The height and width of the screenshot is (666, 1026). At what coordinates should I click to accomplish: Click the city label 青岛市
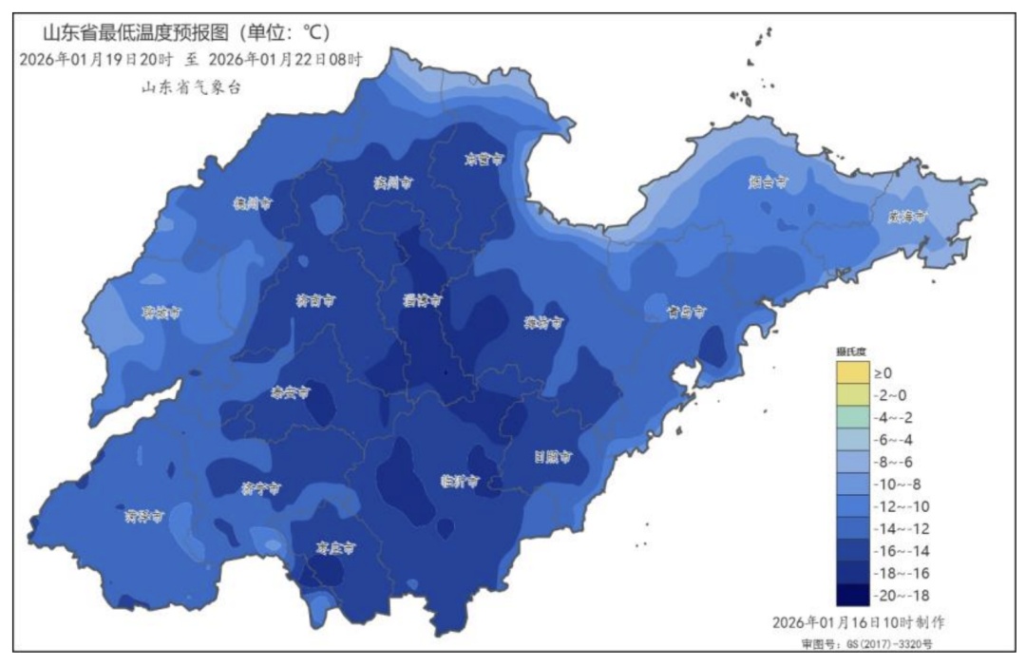(685, 312)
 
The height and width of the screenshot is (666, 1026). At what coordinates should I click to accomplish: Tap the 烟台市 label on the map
(768, 181)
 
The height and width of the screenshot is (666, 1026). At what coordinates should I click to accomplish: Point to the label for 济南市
(314, 301)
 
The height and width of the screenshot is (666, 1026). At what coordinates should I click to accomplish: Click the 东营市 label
(482, 160)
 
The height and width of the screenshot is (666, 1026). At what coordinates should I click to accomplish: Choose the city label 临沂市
(459, 481)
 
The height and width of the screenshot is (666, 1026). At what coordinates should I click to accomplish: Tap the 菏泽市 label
(144, 516)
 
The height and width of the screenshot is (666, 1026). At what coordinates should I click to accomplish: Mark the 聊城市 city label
(161, 313)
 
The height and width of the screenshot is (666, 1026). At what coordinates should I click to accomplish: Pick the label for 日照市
(552, 457)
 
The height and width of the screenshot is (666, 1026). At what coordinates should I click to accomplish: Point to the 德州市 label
(253, 203)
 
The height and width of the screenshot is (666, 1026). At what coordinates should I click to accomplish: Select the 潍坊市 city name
(544, 323)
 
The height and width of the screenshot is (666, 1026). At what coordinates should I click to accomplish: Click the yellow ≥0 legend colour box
(852, 373)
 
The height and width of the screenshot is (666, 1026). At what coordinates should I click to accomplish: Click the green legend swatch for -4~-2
(852, 418)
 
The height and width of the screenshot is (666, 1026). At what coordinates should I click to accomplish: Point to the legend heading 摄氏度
(851, 352)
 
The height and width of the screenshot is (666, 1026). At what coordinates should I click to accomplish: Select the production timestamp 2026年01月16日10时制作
(857, 622)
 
